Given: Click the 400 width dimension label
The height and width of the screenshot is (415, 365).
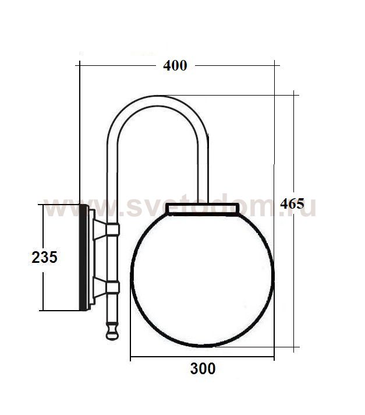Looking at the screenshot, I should click(x=175, y=66).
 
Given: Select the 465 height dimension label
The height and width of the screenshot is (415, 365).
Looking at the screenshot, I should click(x=292, y=205).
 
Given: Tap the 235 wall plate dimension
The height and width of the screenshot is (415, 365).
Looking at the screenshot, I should click(x=44, y=257).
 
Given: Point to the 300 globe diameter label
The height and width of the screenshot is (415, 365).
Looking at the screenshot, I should click(x=203, y=369).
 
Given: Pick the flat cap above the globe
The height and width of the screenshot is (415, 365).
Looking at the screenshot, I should click(x=203, y=209).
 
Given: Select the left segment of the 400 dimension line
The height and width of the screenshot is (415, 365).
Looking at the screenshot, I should click(x=116, y=66).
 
